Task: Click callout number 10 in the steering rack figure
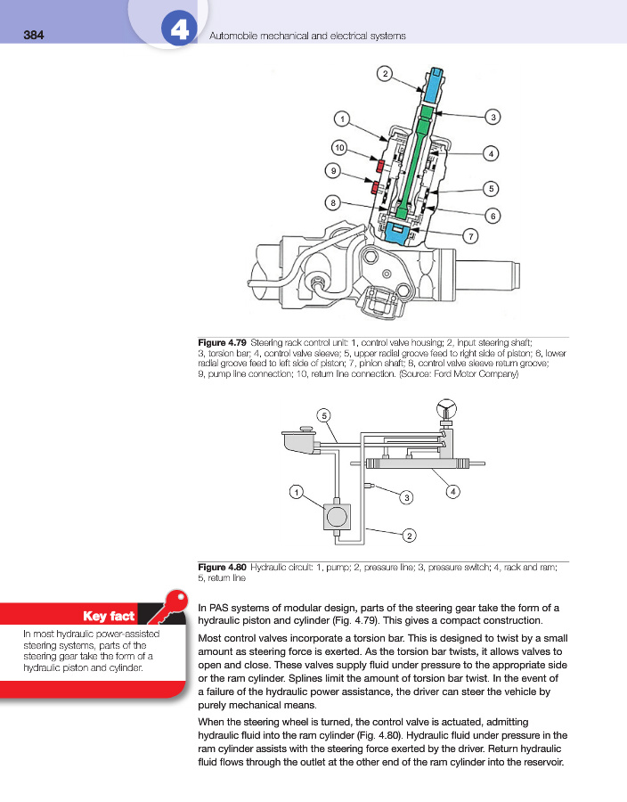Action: pyautogui.click(x=339, y=146)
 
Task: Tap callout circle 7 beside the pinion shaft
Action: pyautogui.click(x=470, y=235)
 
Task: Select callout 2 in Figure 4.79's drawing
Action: pyautogui.click(x=384, y=73)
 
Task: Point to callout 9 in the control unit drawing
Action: pyautogui.click(x=333, y=169)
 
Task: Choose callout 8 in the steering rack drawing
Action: pyautogui.click(x=333, y=203)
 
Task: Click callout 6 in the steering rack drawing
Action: pyautogui.click(x=492, y=215)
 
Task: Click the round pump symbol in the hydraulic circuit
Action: pyautogui.click(x=338, y=516)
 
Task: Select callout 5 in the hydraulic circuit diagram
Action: pyautogui.click(x=325, y=415)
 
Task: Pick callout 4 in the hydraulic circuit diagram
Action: pyautogui.click(x=453, y=491)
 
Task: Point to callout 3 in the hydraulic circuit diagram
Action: pyautogui.click(x=405, y=495)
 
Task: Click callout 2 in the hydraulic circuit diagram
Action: pyautogui.click(x=409, y=535)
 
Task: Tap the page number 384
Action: pyautogui.click(x=33, y=36)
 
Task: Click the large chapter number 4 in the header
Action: pyautogui.click(x=177, y=31)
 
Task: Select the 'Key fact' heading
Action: pyautogui.click(x=108, y=616)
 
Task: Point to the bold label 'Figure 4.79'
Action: pyautogui.click(x=222, y=342)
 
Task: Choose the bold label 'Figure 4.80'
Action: pyautogui.click(x=222, y=567)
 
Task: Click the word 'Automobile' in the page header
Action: pyautogui.click(x=233, y=36)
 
